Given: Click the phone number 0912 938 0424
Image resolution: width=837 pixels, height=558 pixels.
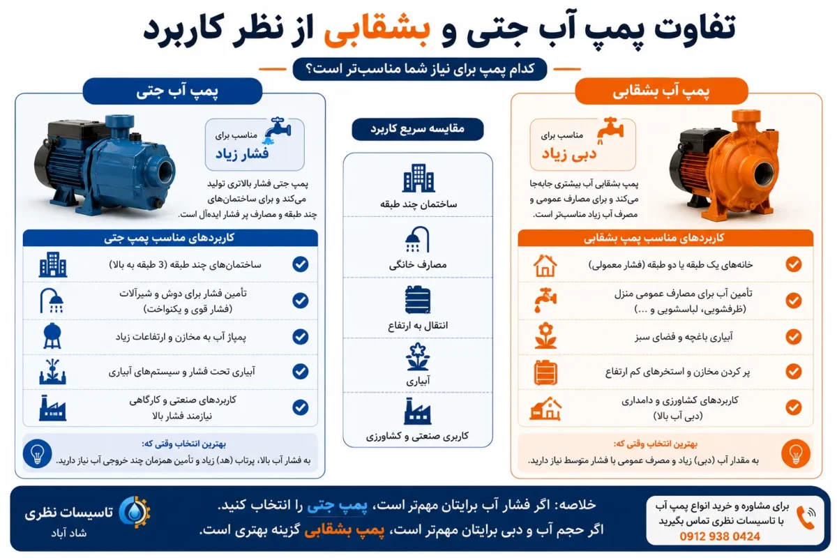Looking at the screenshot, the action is pos(719,536).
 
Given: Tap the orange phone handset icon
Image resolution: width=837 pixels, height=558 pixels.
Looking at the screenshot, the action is pos(806,518).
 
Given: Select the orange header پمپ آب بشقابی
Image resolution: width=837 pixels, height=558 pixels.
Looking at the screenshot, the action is pos(661,91).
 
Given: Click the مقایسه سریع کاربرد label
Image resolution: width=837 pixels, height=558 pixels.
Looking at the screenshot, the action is pos(417,129).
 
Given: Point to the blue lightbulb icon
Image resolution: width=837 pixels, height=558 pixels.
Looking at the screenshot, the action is pos(38,453).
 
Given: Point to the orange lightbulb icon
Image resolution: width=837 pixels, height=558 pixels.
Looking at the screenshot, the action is pos(796,453).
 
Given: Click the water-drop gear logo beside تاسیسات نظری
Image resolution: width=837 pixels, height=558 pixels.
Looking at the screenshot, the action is pos(135,512).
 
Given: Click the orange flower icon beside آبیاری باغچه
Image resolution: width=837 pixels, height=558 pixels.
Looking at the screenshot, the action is pos(545,335).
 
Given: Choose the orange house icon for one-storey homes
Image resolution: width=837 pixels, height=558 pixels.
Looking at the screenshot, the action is pos(545,265).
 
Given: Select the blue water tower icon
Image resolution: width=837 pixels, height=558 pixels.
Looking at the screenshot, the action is pos(52,335).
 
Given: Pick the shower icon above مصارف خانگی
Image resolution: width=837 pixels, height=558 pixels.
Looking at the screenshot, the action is pos(417,239).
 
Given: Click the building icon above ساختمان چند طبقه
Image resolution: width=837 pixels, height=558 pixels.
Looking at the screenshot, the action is pos(418,178).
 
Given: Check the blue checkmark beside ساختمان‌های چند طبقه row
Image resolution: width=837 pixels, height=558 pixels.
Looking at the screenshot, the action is pos(301,264).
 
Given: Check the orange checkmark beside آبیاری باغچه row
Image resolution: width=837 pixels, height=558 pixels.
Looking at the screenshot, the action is pos(794,337).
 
